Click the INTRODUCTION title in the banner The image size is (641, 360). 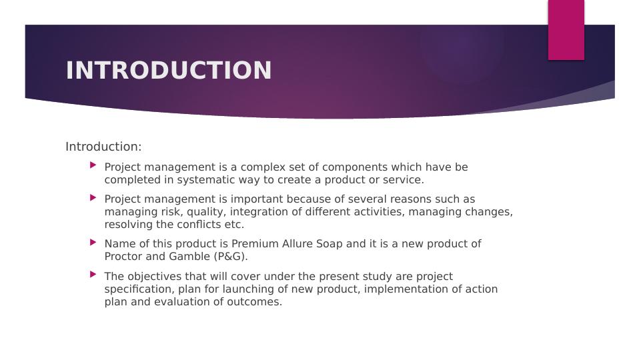click(x=169, y=71)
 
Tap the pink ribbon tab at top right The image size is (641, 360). click(x=566, y=30)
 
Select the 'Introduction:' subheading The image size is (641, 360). click(x=103, y=147)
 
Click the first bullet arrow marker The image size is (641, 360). click(x=92, y=165)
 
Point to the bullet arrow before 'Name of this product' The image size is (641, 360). click(x=92, y=242)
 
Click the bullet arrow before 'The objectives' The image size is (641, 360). click(x=92, y=274)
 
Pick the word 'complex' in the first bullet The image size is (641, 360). click(x=263, y=167)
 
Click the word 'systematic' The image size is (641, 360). click(x=184, y=180)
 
